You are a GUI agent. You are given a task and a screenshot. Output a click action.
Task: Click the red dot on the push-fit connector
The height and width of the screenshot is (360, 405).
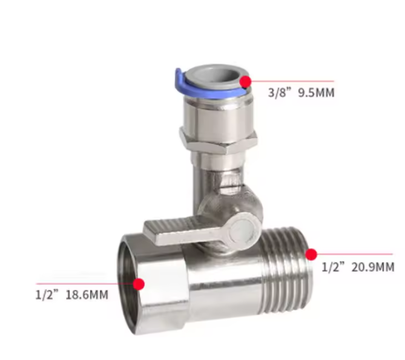(245, 81)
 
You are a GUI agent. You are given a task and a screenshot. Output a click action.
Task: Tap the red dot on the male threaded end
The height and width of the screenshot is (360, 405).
(311, 255)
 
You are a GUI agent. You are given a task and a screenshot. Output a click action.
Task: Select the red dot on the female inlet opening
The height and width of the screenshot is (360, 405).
(139, 284)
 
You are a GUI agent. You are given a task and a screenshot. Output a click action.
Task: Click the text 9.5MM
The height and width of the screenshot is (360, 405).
(316, 93)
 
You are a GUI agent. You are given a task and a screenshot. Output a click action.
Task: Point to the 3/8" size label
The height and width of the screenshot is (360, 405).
(280, 93)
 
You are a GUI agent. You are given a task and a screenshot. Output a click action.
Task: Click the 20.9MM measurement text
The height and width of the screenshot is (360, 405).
(373, 267)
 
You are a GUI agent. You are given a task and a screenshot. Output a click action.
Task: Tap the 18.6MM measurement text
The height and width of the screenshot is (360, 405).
(87, 295)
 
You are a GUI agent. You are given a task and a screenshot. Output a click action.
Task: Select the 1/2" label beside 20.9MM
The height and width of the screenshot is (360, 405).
(334, 267)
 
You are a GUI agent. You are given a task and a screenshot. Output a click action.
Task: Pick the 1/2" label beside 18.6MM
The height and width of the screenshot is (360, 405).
(47, 295)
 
